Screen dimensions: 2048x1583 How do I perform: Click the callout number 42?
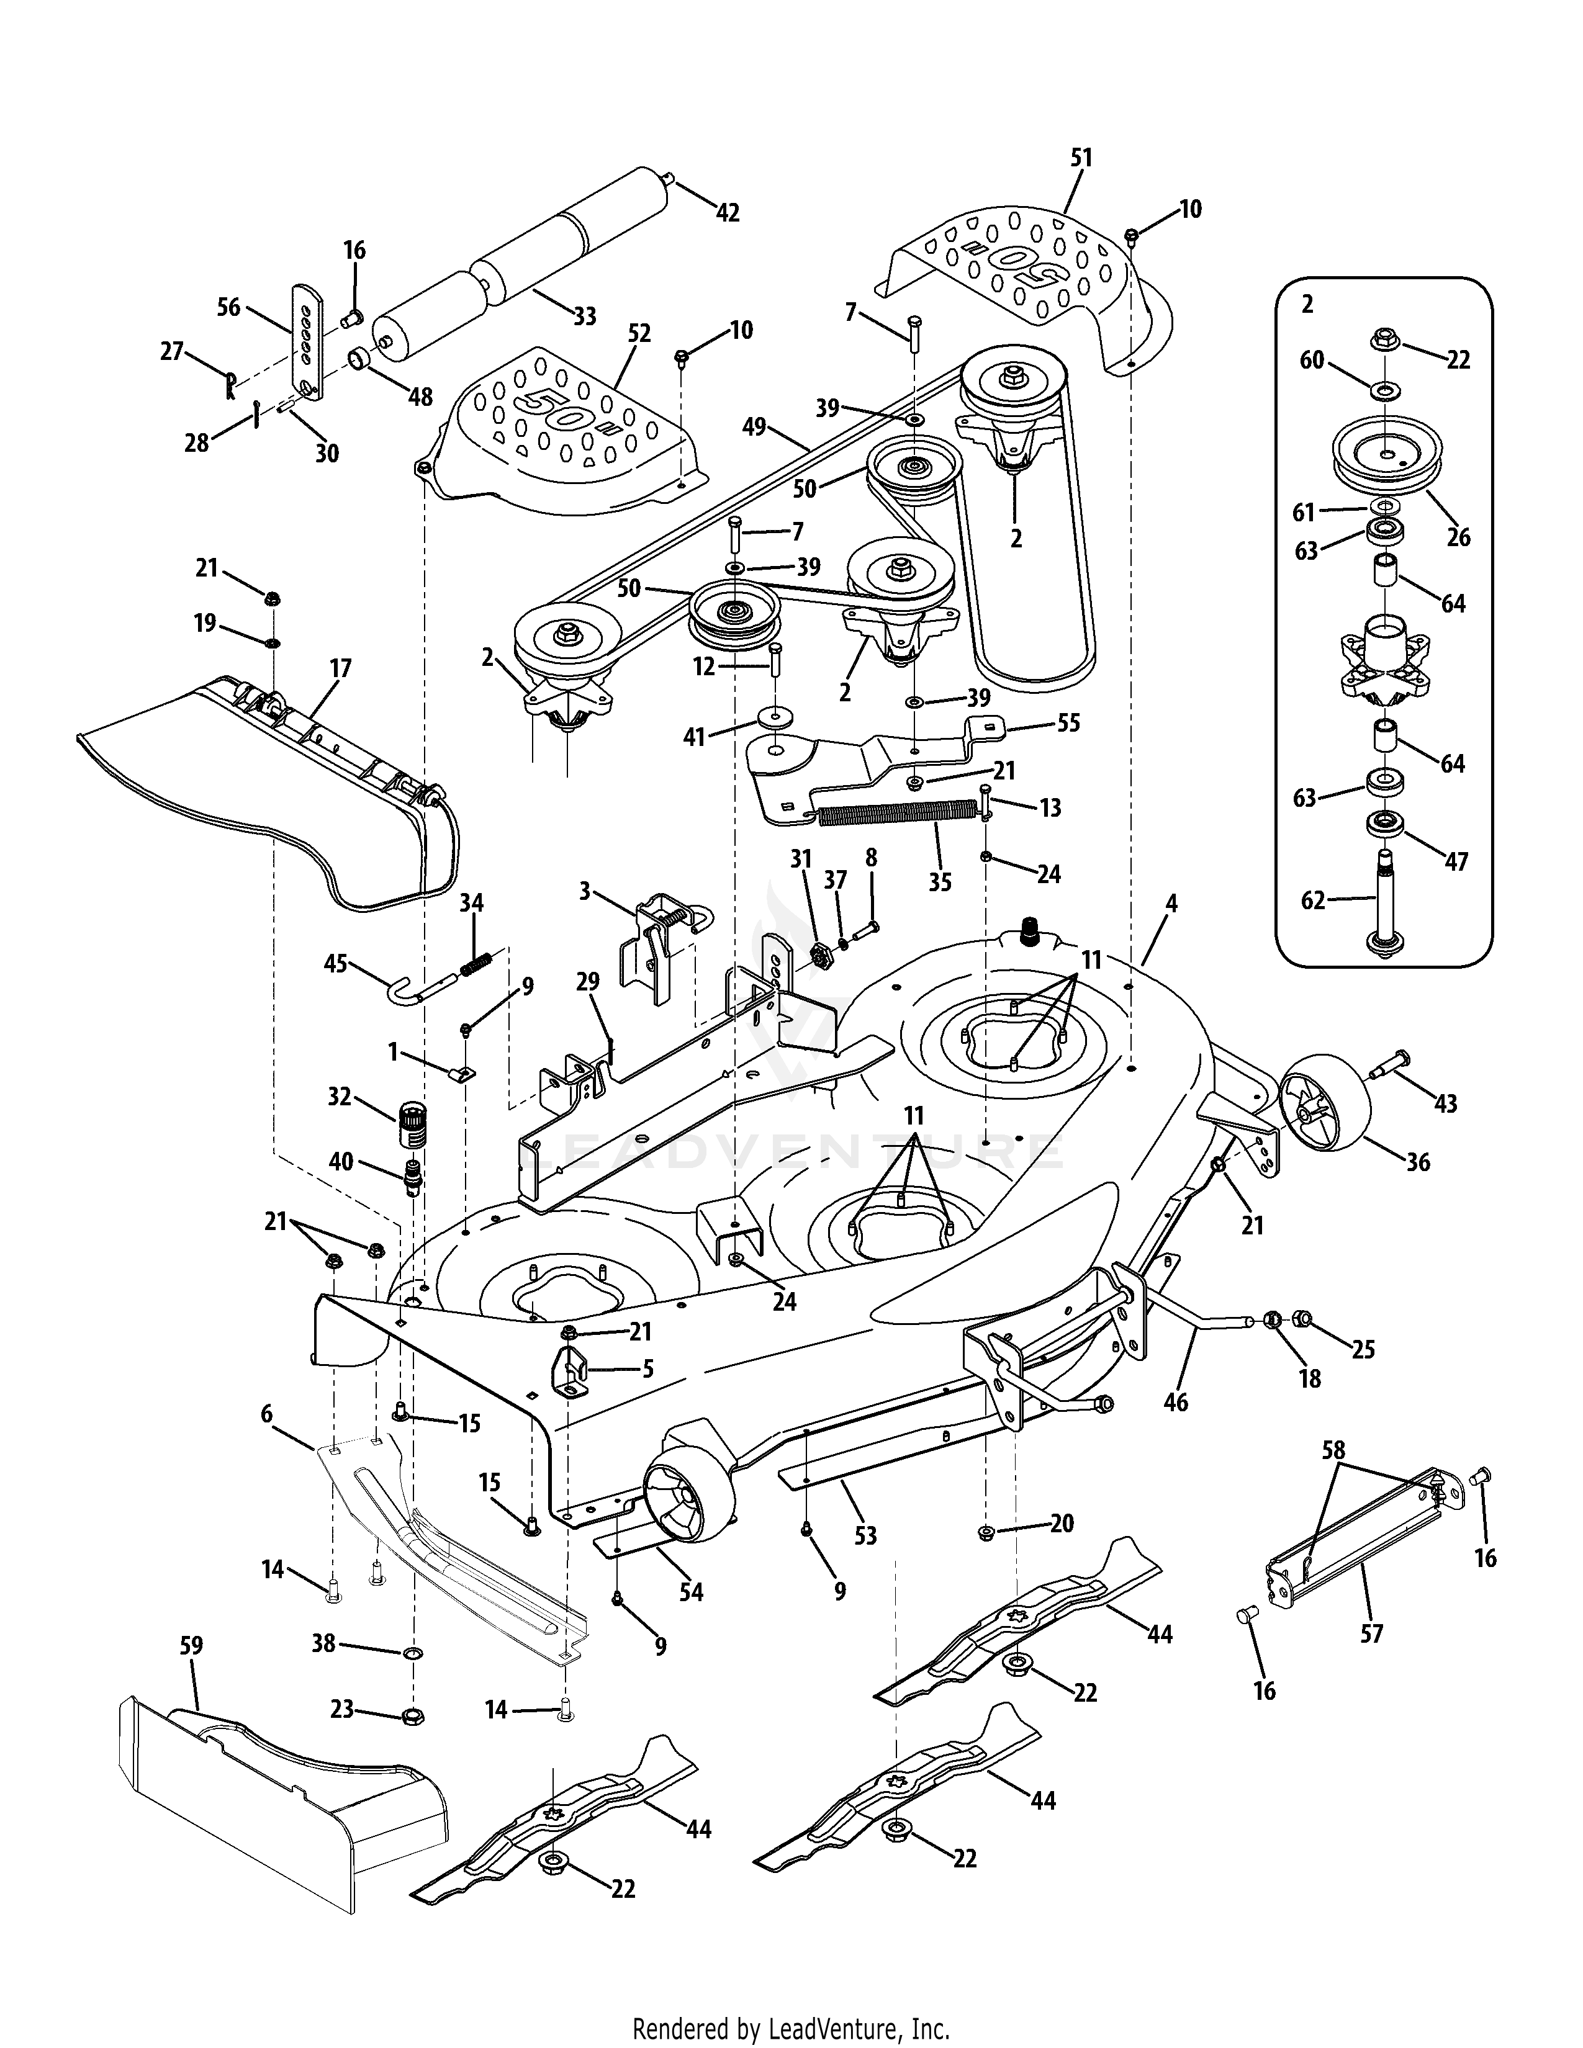click(x=727, y=213)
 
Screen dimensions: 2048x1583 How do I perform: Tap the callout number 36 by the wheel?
click(x=1417, y=1162)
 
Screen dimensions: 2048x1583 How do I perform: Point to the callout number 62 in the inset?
click(x=1313, y=900)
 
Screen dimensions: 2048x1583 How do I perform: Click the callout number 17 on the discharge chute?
click(x=340, y=668)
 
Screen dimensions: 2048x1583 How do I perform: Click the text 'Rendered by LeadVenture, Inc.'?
click(x=790, y=2026)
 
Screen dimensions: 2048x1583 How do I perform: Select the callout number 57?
click(x=1371, y=1633)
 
